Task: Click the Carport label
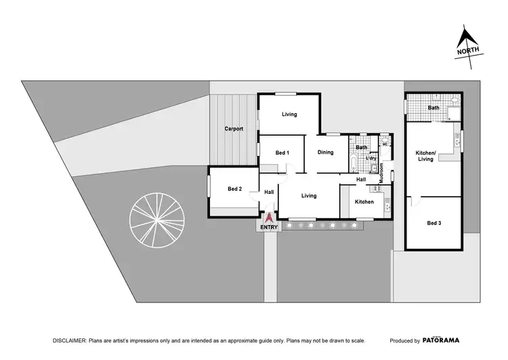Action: [234, 129]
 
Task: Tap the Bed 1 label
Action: [282, 153]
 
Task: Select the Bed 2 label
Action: [234, 188]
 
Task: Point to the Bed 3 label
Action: [433, 222]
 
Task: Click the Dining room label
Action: [326, 153]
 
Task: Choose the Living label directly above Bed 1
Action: [289, 115]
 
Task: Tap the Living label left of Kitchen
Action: [309, 196]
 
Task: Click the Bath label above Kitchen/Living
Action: [433, 108]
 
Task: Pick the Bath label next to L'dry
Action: [362, 147]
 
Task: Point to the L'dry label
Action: [371, 159]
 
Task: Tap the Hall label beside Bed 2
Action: [269, 193]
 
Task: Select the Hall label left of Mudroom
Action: [361, 180]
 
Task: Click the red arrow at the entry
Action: [269, 218]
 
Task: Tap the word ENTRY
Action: [269, 228]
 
